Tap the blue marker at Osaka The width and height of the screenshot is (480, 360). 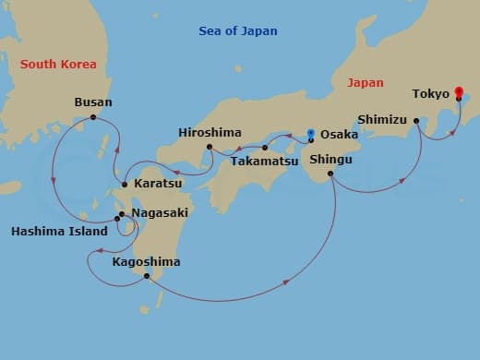pos(311,133)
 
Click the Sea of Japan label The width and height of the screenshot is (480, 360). pos(238,31)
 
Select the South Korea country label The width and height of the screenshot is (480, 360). pos(58,64)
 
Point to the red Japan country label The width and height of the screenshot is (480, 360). pos(365,83)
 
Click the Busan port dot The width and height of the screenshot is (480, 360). pos(93,117)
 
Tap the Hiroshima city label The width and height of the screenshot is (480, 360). pos(209,133)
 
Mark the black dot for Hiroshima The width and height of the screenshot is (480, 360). pos(210,147)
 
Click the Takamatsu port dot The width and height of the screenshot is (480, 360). pos(265,148)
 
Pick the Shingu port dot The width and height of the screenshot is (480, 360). pos(330,173)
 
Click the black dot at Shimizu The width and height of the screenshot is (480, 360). pos(416,120)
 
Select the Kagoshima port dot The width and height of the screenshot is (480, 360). pos(146,277)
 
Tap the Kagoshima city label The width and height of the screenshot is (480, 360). pos(146,262)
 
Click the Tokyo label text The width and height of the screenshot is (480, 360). pos(431,93)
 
